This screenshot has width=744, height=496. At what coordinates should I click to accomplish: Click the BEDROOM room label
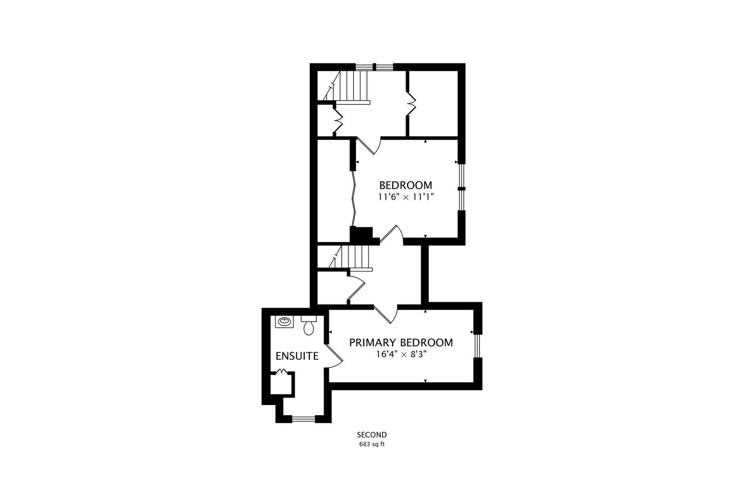click(x=406, y=186)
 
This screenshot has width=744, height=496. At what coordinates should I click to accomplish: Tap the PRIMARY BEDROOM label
click(x=401, y=343)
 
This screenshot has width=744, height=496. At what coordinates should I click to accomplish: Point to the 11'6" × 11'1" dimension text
click(x=406, y=197)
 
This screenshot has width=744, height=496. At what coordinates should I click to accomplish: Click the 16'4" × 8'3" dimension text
click(x=401, y=354)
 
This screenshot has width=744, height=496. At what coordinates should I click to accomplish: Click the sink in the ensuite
click(x=284, y=321)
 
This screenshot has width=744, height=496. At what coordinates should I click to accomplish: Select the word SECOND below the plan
click(x=372, y=434)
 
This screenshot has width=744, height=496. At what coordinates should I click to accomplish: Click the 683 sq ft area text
click(x=372, y=444)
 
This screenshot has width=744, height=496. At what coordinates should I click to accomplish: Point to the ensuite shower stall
click(x=282, y=383)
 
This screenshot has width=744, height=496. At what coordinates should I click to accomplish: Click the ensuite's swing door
click(x=335, y=355)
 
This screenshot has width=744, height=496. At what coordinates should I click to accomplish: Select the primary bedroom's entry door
click(x=386, y=314)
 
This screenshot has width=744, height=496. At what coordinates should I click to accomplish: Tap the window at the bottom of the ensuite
click(x=303, y=418)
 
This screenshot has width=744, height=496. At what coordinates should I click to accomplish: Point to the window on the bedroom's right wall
click(x=462, y=188)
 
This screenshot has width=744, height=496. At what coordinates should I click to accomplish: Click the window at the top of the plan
click(x=375, y=67)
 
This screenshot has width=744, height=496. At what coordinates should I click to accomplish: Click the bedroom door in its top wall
click(x=369, y=146)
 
